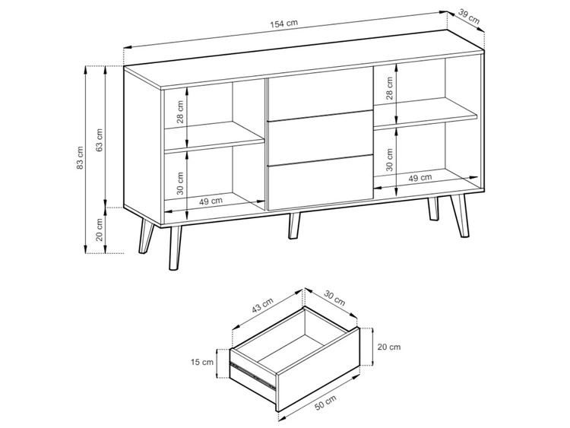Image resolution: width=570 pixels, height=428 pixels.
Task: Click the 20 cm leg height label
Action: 99,230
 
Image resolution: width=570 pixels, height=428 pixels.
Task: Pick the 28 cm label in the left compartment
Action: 180,113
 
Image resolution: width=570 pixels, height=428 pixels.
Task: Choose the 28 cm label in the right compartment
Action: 388,87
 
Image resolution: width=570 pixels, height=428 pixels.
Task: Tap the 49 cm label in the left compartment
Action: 211,201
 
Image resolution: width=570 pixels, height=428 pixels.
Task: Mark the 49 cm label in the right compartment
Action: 420,177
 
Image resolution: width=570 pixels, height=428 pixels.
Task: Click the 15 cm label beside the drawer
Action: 203,362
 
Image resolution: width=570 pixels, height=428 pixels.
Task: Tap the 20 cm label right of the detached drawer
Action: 388,347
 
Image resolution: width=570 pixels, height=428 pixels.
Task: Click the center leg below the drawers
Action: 293,227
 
